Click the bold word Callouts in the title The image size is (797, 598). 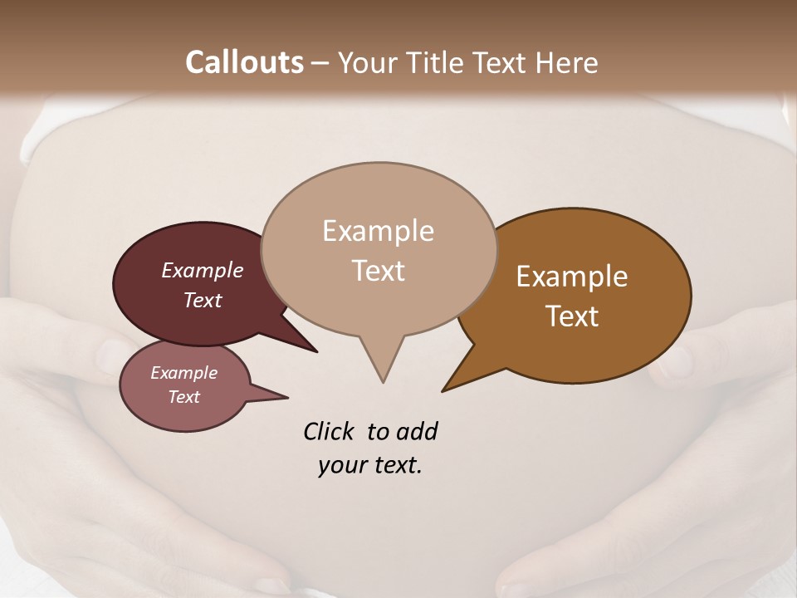point(244,62)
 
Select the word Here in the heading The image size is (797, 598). point(567,62)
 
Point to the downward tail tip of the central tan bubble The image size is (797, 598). point(383,381)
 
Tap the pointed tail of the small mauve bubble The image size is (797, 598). point(286,396)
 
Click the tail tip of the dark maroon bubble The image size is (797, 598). point(316,351)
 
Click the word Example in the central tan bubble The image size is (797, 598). point(378,231)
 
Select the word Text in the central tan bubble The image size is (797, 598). point(379,271)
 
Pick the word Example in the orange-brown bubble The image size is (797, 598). point(572,277)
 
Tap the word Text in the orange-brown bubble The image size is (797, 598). point(572,316)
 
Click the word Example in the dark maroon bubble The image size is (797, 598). point(203,271)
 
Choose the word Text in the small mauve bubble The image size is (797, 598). point(184,397)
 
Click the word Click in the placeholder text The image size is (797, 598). point(329,432)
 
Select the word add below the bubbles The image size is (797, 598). point(416,432)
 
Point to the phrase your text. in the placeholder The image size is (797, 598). point(370,466)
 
